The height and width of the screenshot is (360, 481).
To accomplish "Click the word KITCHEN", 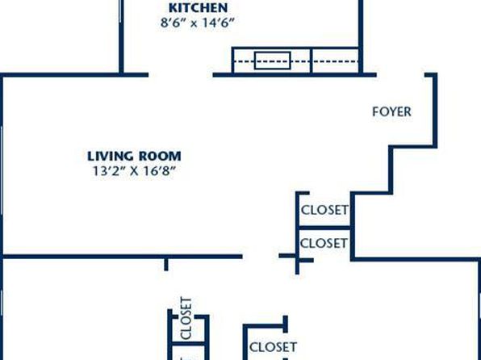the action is (199, 8).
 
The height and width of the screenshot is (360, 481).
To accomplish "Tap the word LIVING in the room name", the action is (111, 157).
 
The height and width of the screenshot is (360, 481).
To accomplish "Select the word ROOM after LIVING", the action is (160, 157).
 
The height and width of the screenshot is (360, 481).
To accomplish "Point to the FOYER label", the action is (391, 111).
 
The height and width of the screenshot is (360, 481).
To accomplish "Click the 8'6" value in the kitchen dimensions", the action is (173, 23).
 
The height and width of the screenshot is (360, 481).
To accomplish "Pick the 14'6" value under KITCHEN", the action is (218, 23).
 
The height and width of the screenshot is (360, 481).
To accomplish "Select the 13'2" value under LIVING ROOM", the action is (108, 171).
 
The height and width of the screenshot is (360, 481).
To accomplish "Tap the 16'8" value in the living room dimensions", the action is (159, 171).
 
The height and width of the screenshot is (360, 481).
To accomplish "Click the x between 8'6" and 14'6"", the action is (193, 24).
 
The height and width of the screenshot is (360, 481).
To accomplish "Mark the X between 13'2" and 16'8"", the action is (134, 171).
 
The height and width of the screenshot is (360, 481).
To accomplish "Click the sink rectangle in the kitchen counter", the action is (273, 61).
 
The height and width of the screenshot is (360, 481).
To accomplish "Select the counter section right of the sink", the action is (335, 61).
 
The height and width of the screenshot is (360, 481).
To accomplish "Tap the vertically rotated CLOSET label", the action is (186, 318).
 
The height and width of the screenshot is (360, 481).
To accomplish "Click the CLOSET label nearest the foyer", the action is (325, 210).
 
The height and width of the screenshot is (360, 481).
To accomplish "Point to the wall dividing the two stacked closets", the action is (324, 228).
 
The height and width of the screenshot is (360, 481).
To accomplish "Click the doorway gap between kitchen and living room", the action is (181, 75).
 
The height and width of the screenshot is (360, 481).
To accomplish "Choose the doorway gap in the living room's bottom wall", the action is (261, 256).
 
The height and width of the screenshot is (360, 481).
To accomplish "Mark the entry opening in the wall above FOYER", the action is (400, 75).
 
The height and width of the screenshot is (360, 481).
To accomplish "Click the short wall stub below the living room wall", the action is (166, 265).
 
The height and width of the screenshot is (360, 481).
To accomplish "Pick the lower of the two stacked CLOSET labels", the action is (324, 244).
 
